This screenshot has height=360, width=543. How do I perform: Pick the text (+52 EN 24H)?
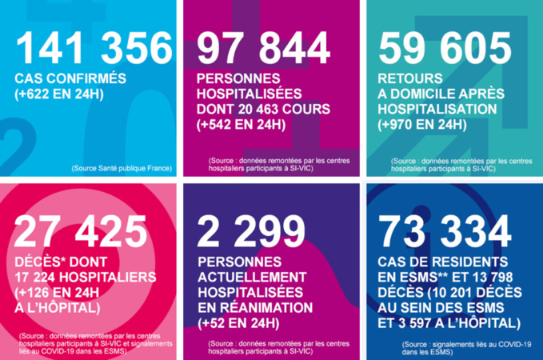click(237, 322)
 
